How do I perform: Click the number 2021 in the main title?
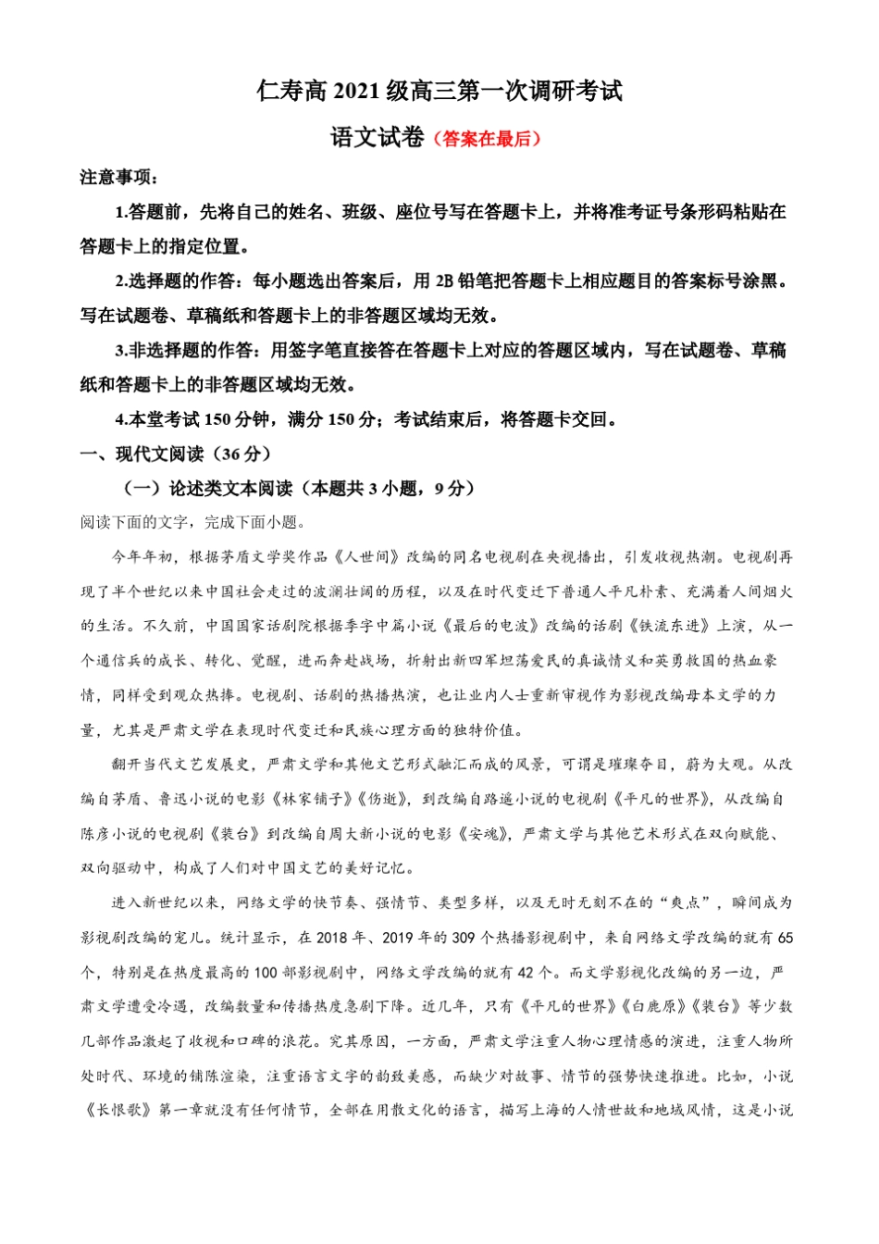pos(354,92)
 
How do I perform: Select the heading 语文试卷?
pos(378,138)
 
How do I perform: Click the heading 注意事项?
pos(118,178)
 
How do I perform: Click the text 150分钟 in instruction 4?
pos(238,420)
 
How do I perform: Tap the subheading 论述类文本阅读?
pos(230,489)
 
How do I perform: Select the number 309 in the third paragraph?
pos(464,938)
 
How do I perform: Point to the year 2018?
pos(331,938)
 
